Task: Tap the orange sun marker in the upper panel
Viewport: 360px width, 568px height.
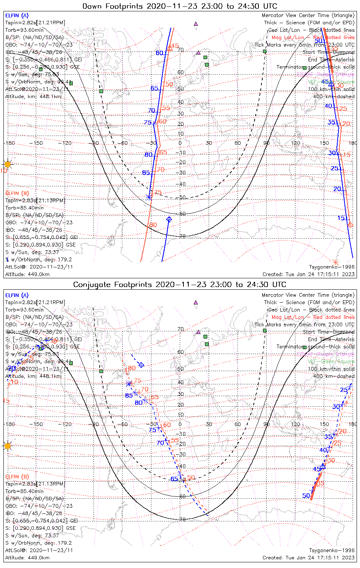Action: [x=7, y=164]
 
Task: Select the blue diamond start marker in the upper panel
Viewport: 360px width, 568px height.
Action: [x=169, y=219]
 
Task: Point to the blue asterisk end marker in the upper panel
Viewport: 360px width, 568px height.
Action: [x=149, y=197]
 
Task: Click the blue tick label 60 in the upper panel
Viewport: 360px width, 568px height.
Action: [x=160, y=53]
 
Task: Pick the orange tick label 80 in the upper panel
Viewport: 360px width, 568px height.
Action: [x=153, y=225]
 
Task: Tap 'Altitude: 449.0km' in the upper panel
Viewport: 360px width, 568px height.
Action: [x=27, y=274]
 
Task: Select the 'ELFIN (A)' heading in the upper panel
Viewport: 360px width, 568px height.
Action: [x=17, y=16]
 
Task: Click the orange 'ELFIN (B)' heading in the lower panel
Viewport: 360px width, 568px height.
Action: [x=17, y=476]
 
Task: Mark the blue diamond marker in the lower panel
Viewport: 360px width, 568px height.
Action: [x=141, y=365]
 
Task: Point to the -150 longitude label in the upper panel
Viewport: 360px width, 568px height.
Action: [x=38, y=143]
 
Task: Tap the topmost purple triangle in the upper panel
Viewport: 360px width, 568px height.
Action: [x=196, y=23]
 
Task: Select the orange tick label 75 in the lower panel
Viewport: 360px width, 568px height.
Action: [x=137, y=381]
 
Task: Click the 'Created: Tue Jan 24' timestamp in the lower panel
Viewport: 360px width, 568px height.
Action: [x=308, y=558]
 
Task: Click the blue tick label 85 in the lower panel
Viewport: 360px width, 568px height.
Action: [x=129, y=395]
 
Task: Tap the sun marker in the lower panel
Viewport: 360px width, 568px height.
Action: [x=7, y=446]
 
